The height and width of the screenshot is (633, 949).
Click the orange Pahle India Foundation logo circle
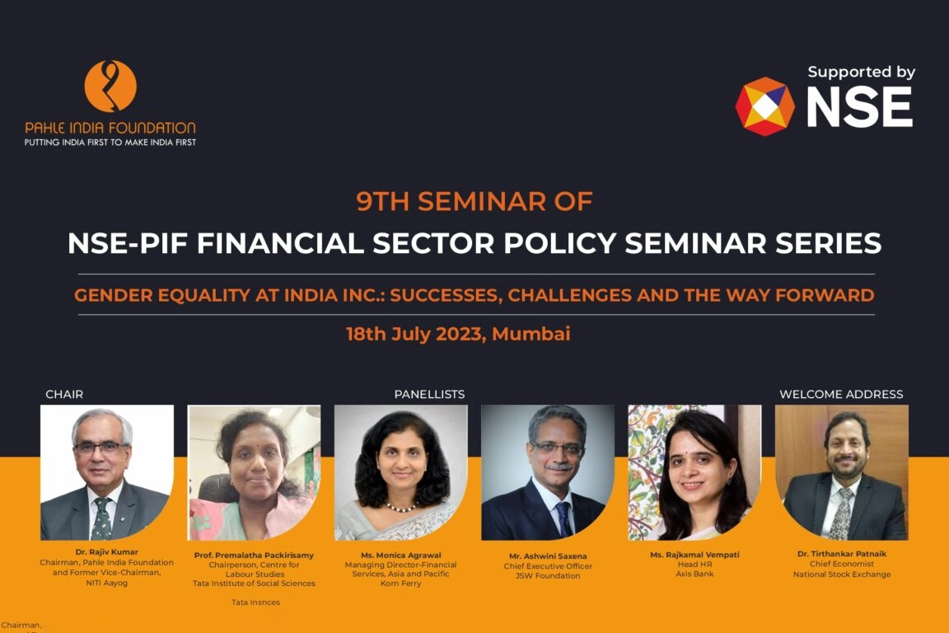pyautogui.click(x=110, y=86)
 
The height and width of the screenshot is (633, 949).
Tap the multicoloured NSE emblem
pyautogui.click(x=764, y=106)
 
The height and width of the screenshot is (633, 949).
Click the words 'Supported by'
pyautogui.click(x=861, y=72)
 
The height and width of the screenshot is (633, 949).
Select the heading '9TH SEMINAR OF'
pyautogui.click(x=474, y=201)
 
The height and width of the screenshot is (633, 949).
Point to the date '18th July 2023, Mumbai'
pyautogui.click(x=458, y=334)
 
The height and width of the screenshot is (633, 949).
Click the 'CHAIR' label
pyautogui.click(x=64, y=394)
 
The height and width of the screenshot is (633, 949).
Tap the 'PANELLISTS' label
pyautogui.click(x=429, y=394)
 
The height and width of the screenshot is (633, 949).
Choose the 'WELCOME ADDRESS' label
pyautogui.click(x=841, y=394)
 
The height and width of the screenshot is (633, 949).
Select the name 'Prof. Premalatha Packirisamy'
pyautogui.click(x=254, y=556)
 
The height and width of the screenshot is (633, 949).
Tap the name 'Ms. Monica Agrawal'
pyautogui.click(x=400, y=555)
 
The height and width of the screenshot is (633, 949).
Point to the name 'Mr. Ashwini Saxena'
pyautogui.click(x=547, y=556)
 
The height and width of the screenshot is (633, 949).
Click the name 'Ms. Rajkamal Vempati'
pyautogui.click(x=694, y=555)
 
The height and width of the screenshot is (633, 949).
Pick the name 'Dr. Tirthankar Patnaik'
pyautogui.click(x=841, y=554)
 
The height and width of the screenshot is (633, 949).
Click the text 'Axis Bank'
pyautogui.click(x=694, y=574)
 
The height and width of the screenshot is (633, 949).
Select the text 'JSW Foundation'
pyautogui.click(x=547, y=576)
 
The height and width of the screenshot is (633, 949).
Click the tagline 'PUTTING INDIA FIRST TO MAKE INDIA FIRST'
pyautogui.click(x=110, y=142)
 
